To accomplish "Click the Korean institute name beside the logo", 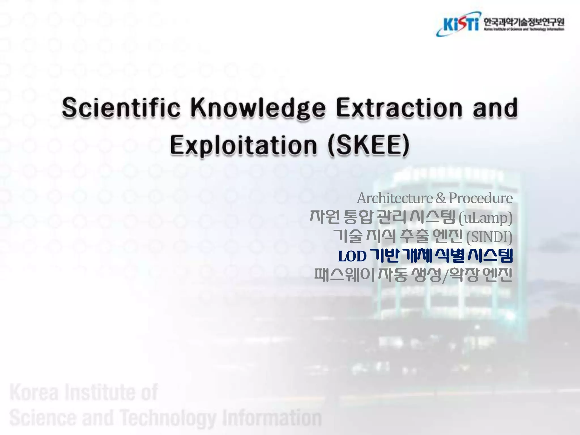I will (x=523, y=22).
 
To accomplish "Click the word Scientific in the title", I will (x=121, y=108).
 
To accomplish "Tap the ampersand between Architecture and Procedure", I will (x=440, y=198).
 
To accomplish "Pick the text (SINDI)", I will (x=489, y=237).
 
